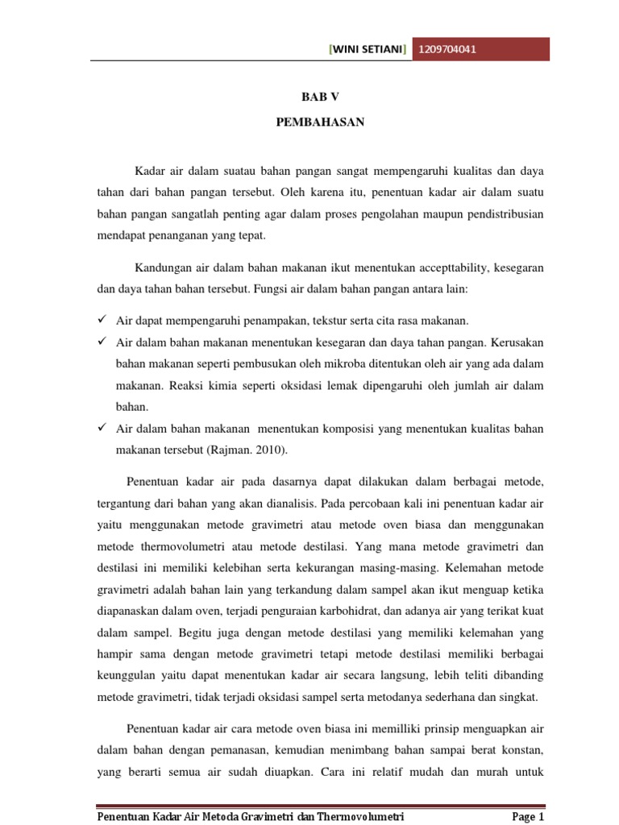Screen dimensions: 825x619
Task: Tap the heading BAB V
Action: (x=321, y=96)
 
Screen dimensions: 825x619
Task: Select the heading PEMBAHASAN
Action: (x=321, y=122)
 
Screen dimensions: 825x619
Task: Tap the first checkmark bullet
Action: (x=102, y=320)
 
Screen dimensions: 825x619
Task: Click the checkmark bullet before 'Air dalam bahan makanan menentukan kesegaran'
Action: (x=102, y=341)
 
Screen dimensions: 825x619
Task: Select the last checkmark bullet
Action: (x=102, y=426)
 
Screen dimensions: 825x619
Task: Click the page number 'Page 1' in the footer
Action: (x=530, y=818)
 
